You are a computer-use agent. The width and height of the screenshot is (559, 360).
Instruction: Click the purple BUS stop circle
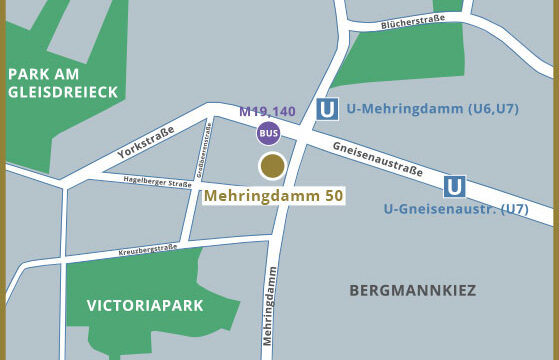(268, 132)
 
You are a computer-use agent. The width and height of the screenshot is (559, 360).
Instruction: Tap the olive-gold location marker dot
(271, 166)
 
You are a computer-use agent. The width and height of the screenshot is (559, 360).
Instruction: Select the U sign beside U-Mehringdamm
(326, 110)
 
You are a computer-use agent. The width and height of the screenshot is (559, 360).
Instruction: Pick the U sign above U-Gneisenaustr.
(455, 186)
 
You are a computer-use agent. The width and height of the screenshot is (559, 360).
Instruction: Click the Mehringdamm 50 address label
(273, 196)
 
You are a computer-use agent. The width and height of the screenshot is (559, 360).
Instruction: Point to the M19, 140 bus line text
(267, 111)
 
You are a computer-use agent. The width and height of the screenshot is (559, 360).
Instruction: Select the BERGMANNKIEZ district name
(412, 291)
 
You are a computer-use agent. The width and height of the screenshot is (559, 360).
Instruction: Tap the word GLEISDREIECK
(63, 92)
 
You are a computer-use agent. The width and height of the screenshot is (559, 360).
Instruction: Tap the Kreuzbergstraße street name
(147, 249)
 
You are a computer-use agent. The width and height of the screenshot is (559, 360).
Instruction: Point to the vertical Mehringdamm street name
(269, 312)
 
